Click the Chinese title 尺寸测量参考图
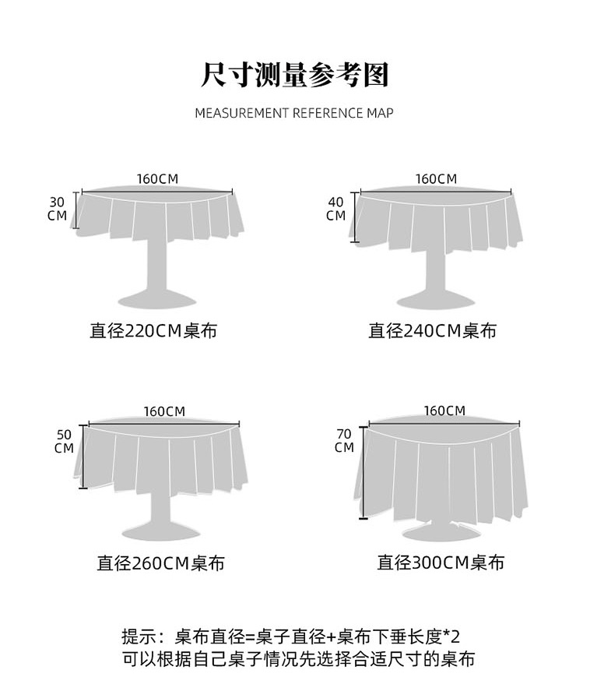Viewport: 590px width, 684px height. click(294, 75)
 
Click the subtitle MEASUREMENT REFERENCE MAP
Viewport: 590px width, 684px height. click(294, 113)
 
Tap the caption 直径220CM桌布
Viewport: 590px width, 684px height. click(153, 331)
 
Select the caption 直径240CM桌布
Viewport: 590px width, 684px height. click(432, 331)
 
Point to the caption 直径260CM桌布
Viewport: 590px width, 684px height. click(160, 562)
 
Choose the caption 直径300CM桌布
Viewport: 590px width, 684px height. click(441, 562)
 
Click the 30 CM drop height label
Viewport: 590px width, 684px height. click(57, 208)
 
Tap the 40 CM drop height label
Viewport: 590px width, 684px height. click(335, 209)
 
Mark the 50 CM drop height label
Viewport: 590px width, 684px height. click(65, 440)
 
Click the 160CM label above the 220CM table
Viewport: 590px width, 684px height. click(157, 178)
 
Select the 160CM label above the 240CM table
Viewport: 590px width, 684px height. click(436, 178)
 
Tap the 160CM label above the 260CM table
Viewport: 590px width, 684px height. click(164, 411)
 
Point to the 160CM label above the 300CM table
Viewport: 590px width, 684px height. click(444, 410)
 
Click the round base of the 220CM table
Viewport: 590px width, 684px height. click(157, 298)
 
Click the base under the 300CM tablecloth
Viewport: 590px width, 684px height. click(441, 532)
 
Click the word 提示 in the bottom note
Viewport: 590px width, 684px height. click(139, 634)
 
